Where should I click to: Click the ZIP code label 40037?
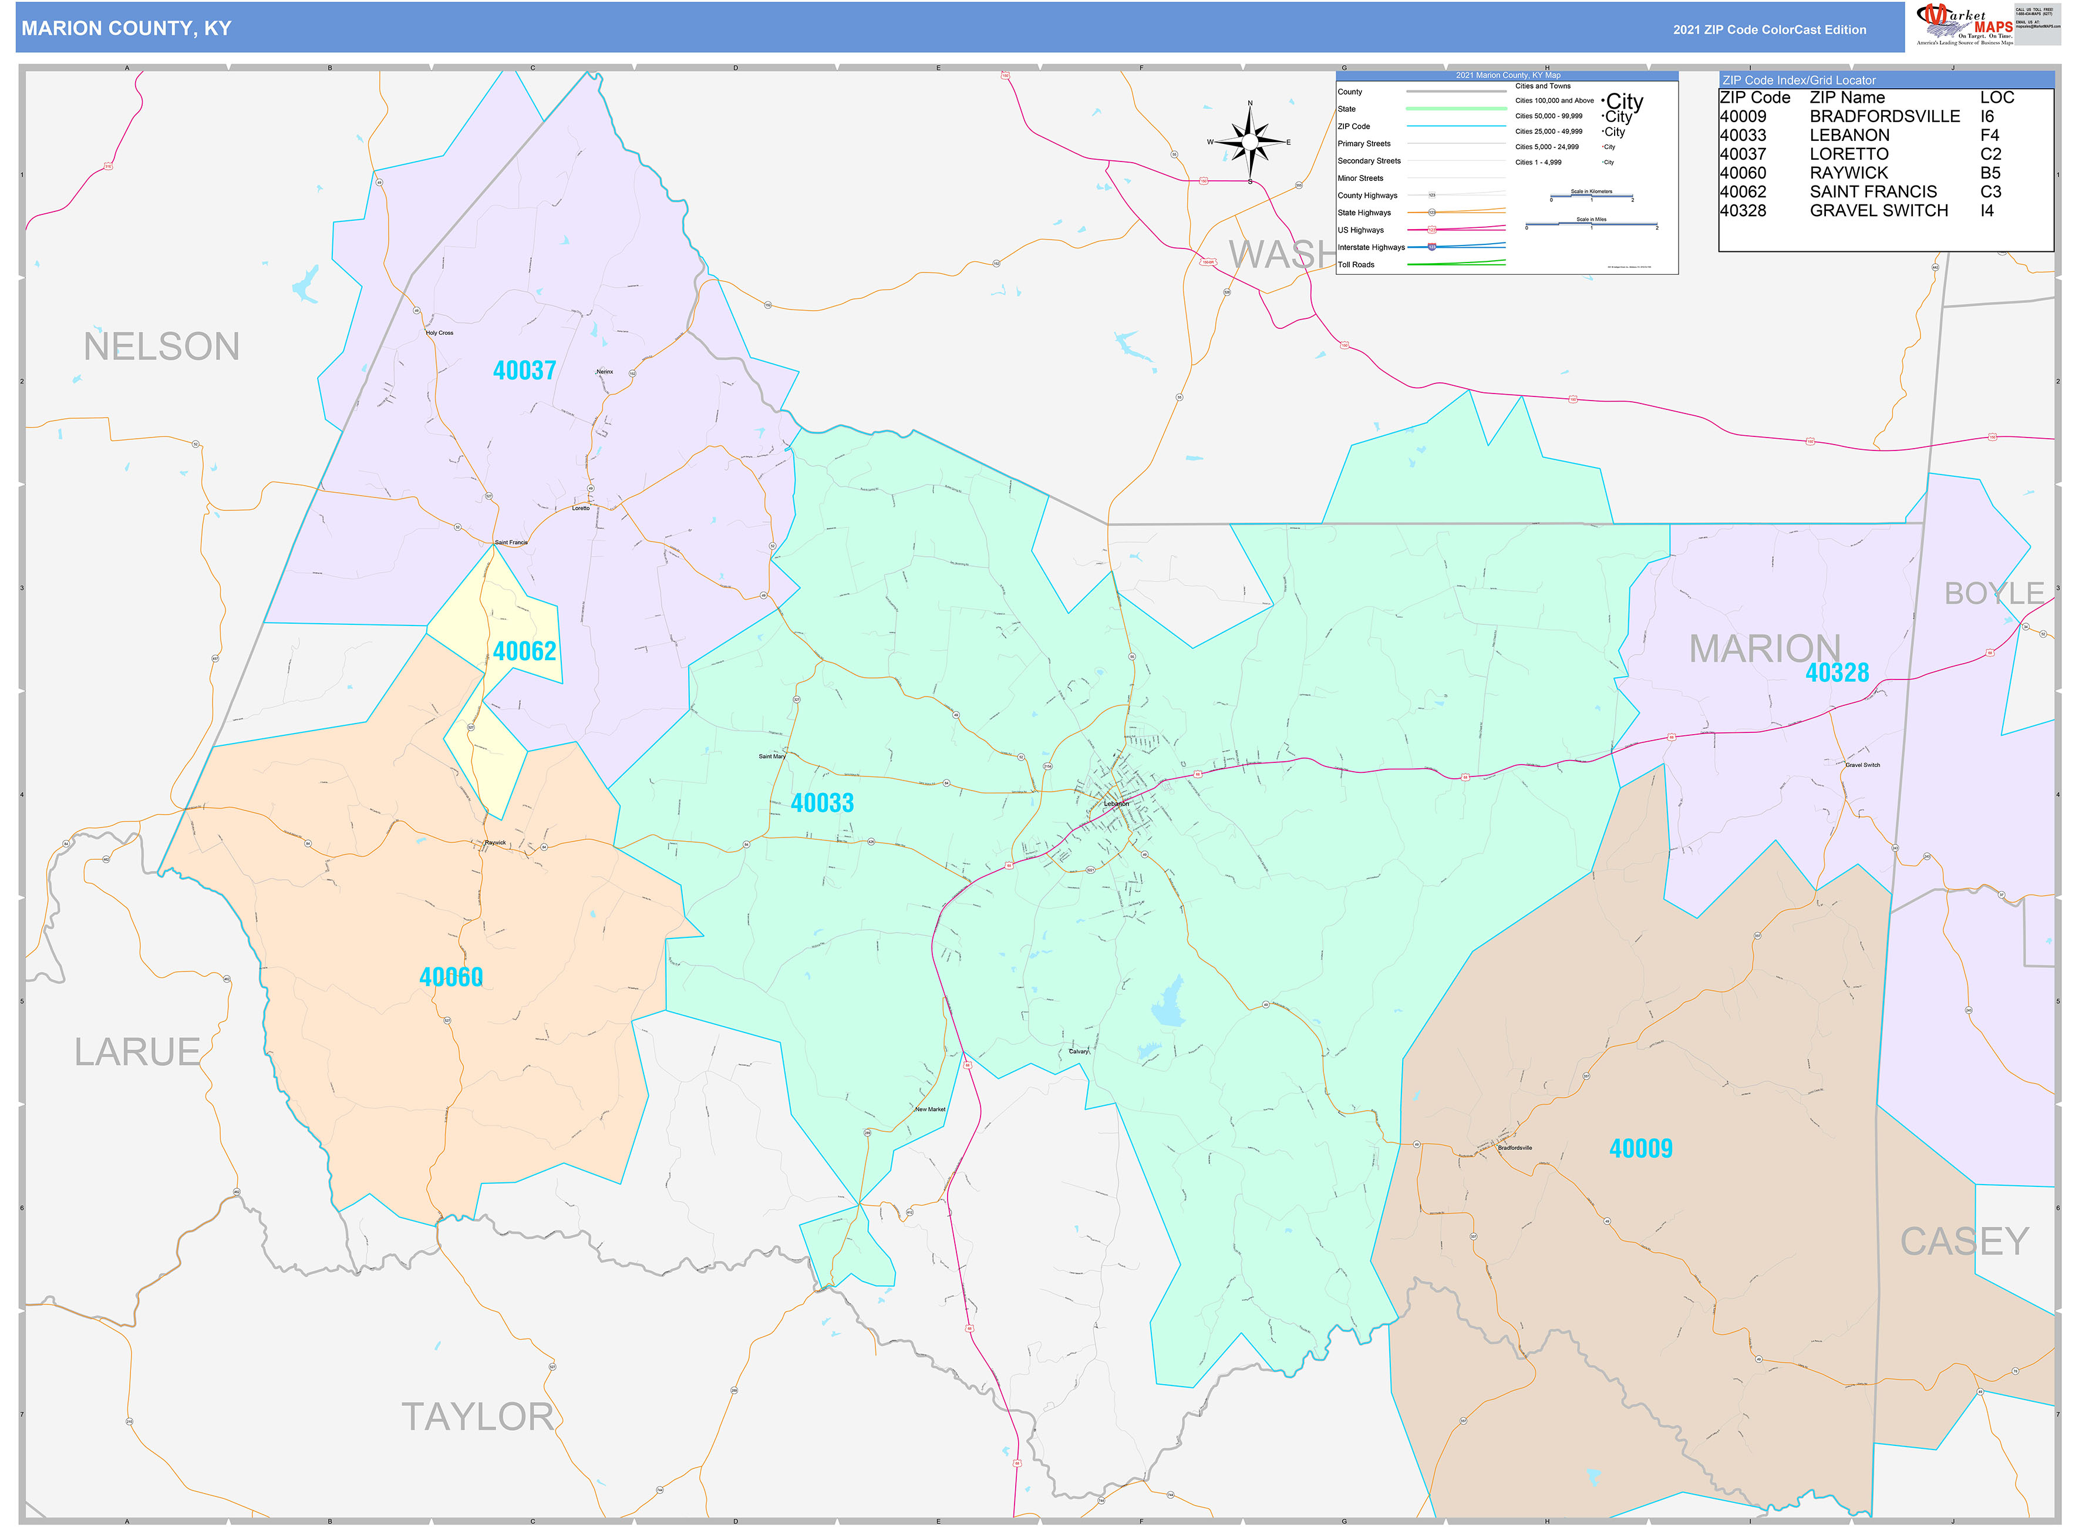pyautogui.click(x=524, y=371)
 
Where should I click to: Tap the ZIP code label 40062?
pyautogui.click(x=524, y=652)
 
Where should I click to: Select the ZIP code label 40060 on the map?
pyautogui.click(x=451, y=977)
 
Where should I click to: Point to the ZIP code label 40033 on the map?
pyautogui.click(x=821, y=803)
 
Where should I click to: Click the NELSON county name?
pyautogui.click(x=161, y=347)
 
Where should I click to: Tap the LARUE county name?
pyautogui.click(x=137, y=1052)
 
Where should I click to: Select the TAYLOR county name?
pyautogui.click(x=477, y=1417)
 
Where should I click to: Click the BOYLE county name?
pyautogui.click(x=1993, y=593)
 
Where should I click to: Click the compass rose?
pyautogui.click(x=1249, y=142)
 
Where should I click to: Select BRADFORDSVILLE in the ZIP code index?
pyautogui.click(x=1884, y=116)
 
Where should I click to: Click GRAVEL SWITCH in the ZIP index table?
pyautogui.click(x=1878, y=211)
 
